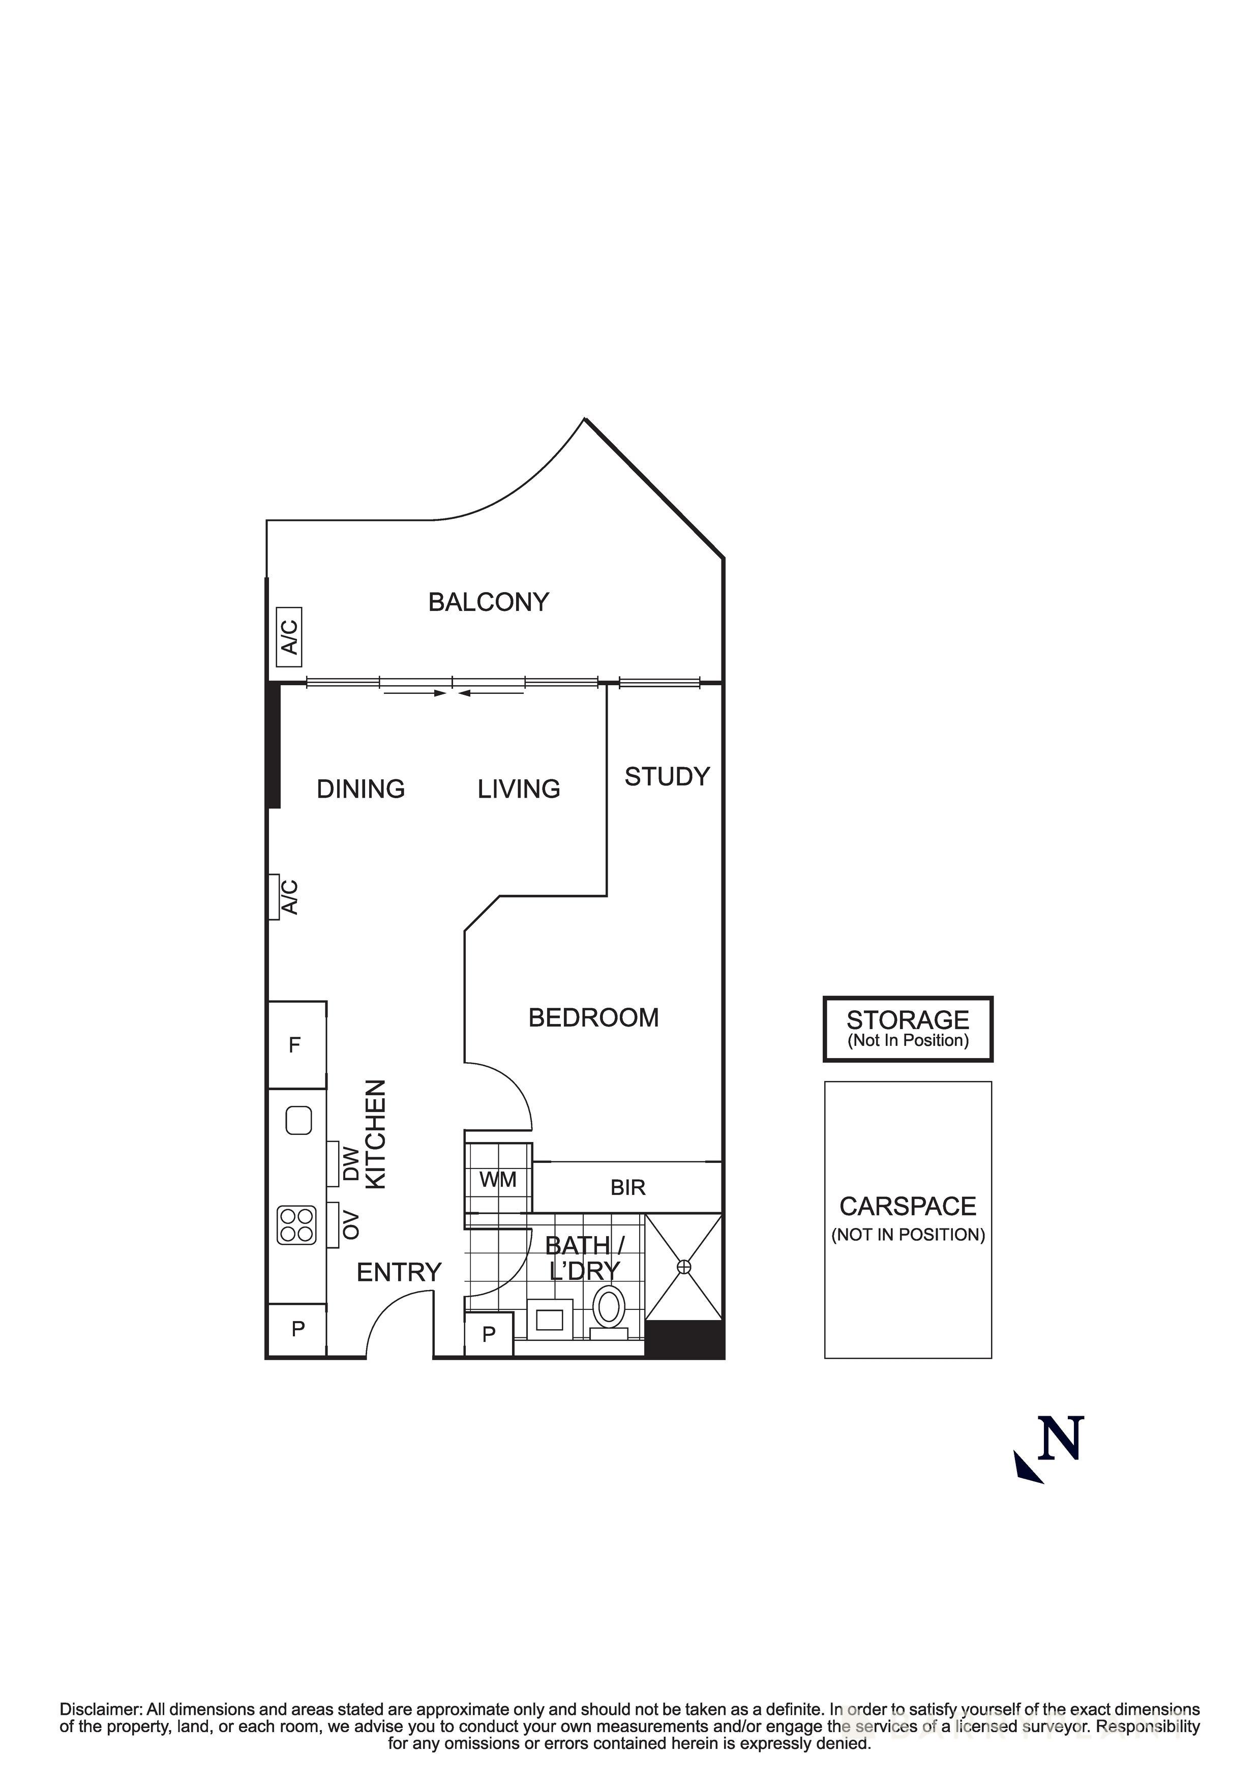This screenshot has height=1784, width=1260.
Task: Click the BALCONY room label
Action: click(489, 602)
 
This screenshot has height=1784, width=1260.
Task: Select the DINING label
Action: click(361, 789)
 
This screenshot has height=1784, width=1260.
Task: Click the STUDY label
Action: click(667, 777)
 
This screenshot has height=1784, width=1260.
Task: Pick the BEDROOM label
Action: click(593, 1018)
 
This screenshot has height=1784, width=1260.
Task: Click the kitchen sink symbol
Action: click(298, 1121)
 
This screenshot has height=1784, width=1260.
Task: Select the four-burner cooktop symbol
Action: click(297, 1225)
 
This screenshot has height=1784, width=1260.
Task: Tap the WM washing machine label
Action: click(498, 1180)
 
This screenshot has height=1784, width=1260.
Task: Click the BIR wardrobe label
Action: click(627, 1188)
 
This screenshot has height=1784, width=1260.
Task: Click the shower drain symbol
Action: click(683, 1267)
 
